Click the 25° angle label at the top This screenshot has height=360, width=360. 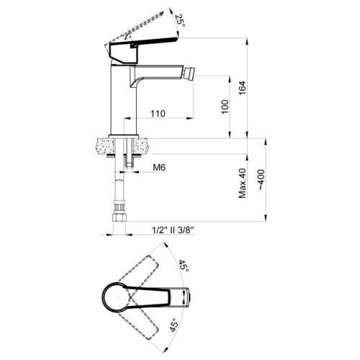(x=180, y=21)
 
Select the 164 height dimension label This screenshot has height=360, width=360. (x=243, y=88)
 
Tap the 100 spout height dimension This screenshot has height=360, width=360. (x=225, y=107)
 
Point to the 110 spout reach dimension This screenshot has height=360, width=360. (x=158, y=114)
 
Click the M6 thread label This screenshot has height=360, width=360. (x=159, y=167)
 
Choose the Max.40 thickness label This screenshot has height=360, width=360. (x=243, y=183)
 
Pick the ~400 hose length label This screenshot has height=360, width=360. (x=261, y=180)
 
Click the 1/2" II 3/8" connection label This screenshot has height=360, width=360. (x=173, y=230)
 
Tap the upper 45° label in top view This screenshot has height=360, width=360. (x=184, y=266)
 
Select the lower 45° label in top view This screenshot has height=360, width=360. (x=175, y=325)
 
